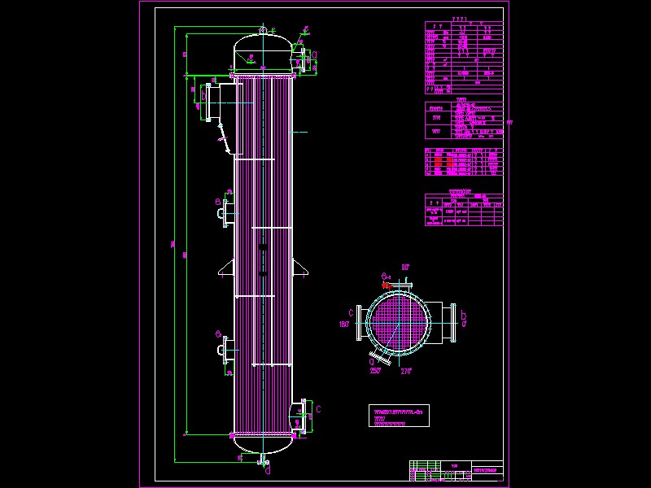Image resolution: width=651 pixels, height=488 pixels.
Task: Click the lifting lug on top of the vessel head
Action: tap(263, 31)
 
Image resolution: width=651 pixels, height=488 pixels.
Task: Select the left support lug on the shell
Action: tap(225, 268)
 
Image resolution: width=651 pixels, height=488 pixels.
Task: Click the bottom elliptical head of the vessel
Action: tap(263, 444)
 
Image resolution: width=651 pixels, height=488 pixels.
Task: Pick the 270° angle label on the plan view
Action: tap(406, 371)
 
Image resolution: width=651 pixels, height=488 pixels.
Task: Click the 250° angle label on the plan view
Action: tap(374, 371)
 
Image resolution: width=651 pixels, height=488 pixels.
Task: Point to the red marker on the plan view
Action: tap(386, 285)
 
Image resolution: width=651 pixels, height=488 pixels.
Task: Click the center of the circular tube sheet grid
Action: tap(396, 323)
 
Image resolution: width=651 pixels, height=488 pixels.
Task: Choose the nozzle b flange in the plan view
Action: tap(448, 323)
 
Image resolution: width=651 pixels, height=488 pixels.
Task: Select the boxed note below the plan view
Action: tap(398, 415)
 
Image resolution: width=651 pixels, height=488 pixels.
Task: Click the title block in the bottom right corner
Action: tap(456, 471)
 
